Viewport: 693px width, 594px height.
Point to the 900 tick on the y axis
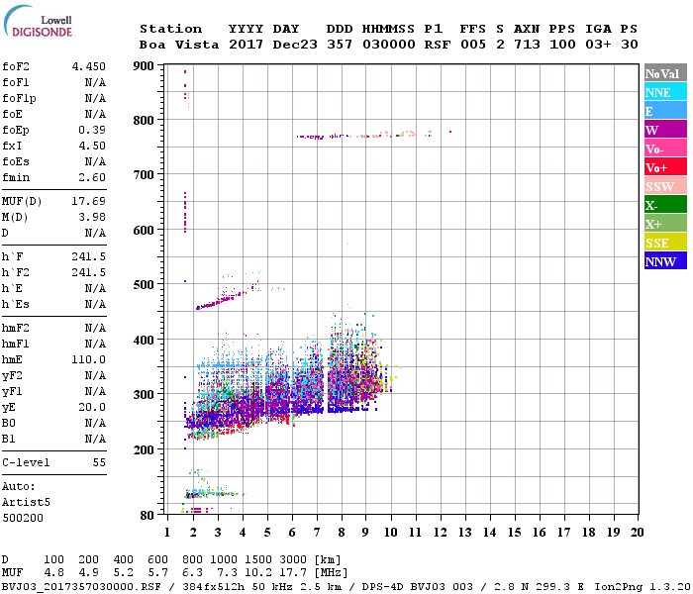point(144,66)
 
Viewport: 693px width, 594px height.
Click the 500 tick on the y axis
point(144,285)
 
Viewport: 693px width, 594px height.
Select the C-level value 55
point(99,462)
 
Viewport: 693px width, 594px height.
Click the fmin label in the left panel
point(18,177)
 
